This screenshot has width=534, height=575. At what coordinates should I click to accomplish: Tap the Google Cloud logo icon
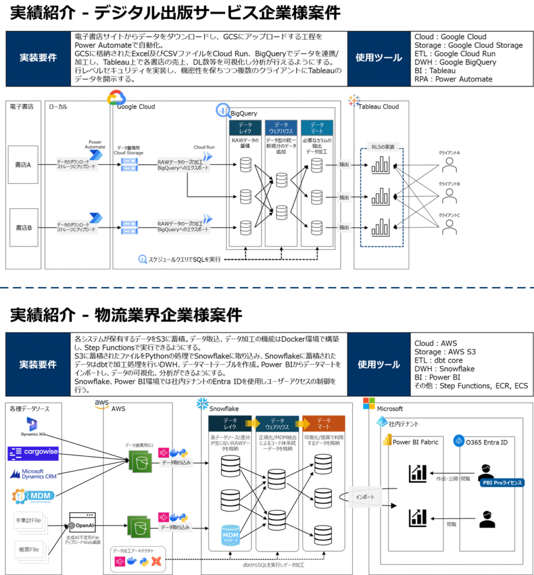click(x=116, y=99)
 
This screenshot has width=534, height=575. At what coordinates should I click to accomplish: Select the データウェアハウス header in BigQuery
click(x=280, y=127)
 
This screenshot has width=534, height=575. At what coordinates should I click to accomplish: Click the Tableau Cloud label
click(x=378, y=107)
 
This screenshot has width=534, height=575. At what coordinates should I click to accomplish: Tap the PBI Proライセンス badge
click(x=501, y=482)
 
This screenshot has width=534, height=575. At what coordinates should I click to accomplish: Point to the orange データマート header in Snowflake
click(x=323, y=423)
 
